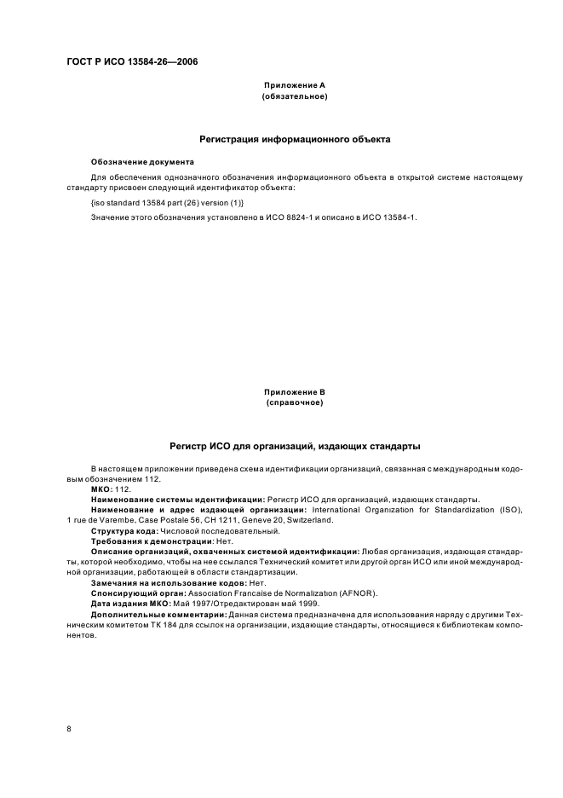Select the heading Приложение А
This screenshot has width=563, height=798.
[294, 85]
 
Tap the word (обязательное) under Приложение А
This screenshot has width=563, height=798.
[294, 96]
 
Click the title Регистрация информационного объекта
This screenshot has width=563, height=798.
[294, 138]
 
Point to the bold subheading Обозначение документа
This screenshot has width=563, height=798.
[142, 161]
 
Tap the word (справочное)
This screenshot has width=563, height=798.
[294, 402]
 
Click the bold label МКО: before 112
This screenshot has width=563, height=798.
[101, 490]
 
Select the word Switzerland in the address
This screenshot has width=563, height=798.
[311, 519]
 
